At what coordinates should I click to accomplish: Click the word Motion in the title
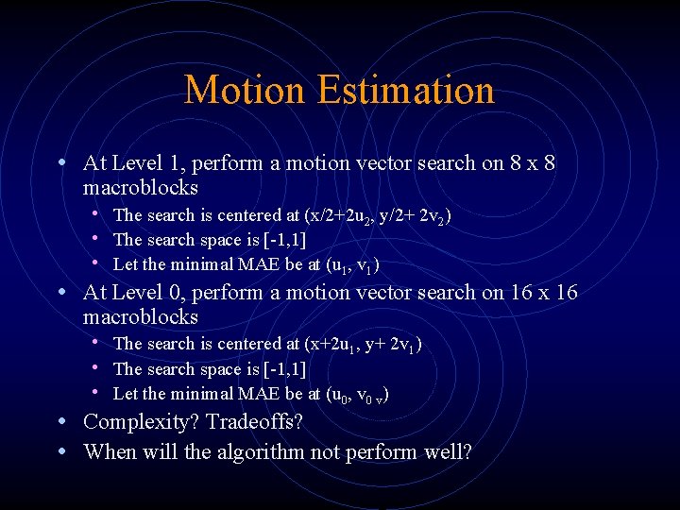pos(246,91)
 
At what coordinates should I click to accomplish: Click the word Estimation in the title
pos(406,91)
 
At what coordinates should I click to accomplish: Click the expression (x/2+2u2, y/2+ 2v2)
pos(379,216)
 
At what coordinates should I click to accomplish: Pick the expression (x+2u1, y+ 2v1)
pos(364,345)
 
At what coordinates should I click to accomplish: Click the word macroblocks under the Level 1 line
pos(140,187)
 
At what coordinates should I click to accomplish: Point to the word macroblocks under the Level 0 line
pos(140,316)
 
